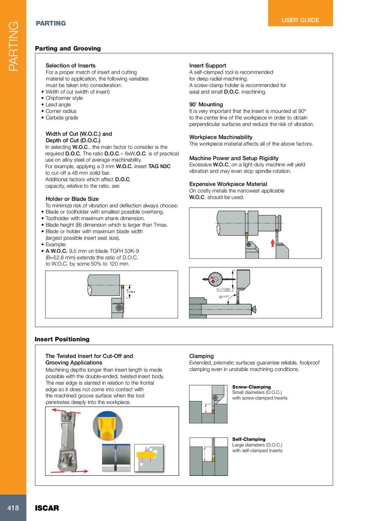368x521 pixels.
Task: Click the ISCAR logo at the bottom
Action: click(47, 508)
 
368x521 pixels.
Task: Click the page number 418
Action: click(13, 508)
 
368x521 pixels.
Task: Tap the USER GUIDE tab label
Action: click(300, 20)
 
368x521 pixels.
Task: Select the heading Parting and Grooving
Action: click(68, 48)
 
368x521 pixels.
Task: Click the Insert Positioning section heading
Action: click(62, 339)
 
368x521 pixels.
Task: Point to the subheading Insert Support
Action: click(207, 66)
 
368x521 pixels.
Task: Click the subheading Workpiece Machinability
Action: click(221, 137)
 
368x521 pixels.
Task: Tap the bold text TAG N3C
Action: click(160, 166)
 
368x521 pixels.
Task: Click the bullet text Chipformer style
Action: click(64, 98)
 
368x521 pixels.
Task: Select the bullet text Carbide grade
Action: click(62, 117)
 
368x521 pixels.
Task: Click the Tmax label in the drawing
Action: click(131, 292)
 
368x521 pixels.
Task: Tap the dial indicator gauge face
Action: click(214, 279)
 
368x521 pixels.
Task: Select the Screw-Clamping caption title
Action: click(251, 387)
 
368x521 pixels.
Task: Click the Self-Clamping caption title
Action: click(249, 439)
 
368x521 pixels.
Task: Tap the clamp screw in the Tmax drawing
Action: click(119, 307)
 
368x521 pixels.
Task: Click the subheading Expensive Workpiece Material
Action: click(228, 184)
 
